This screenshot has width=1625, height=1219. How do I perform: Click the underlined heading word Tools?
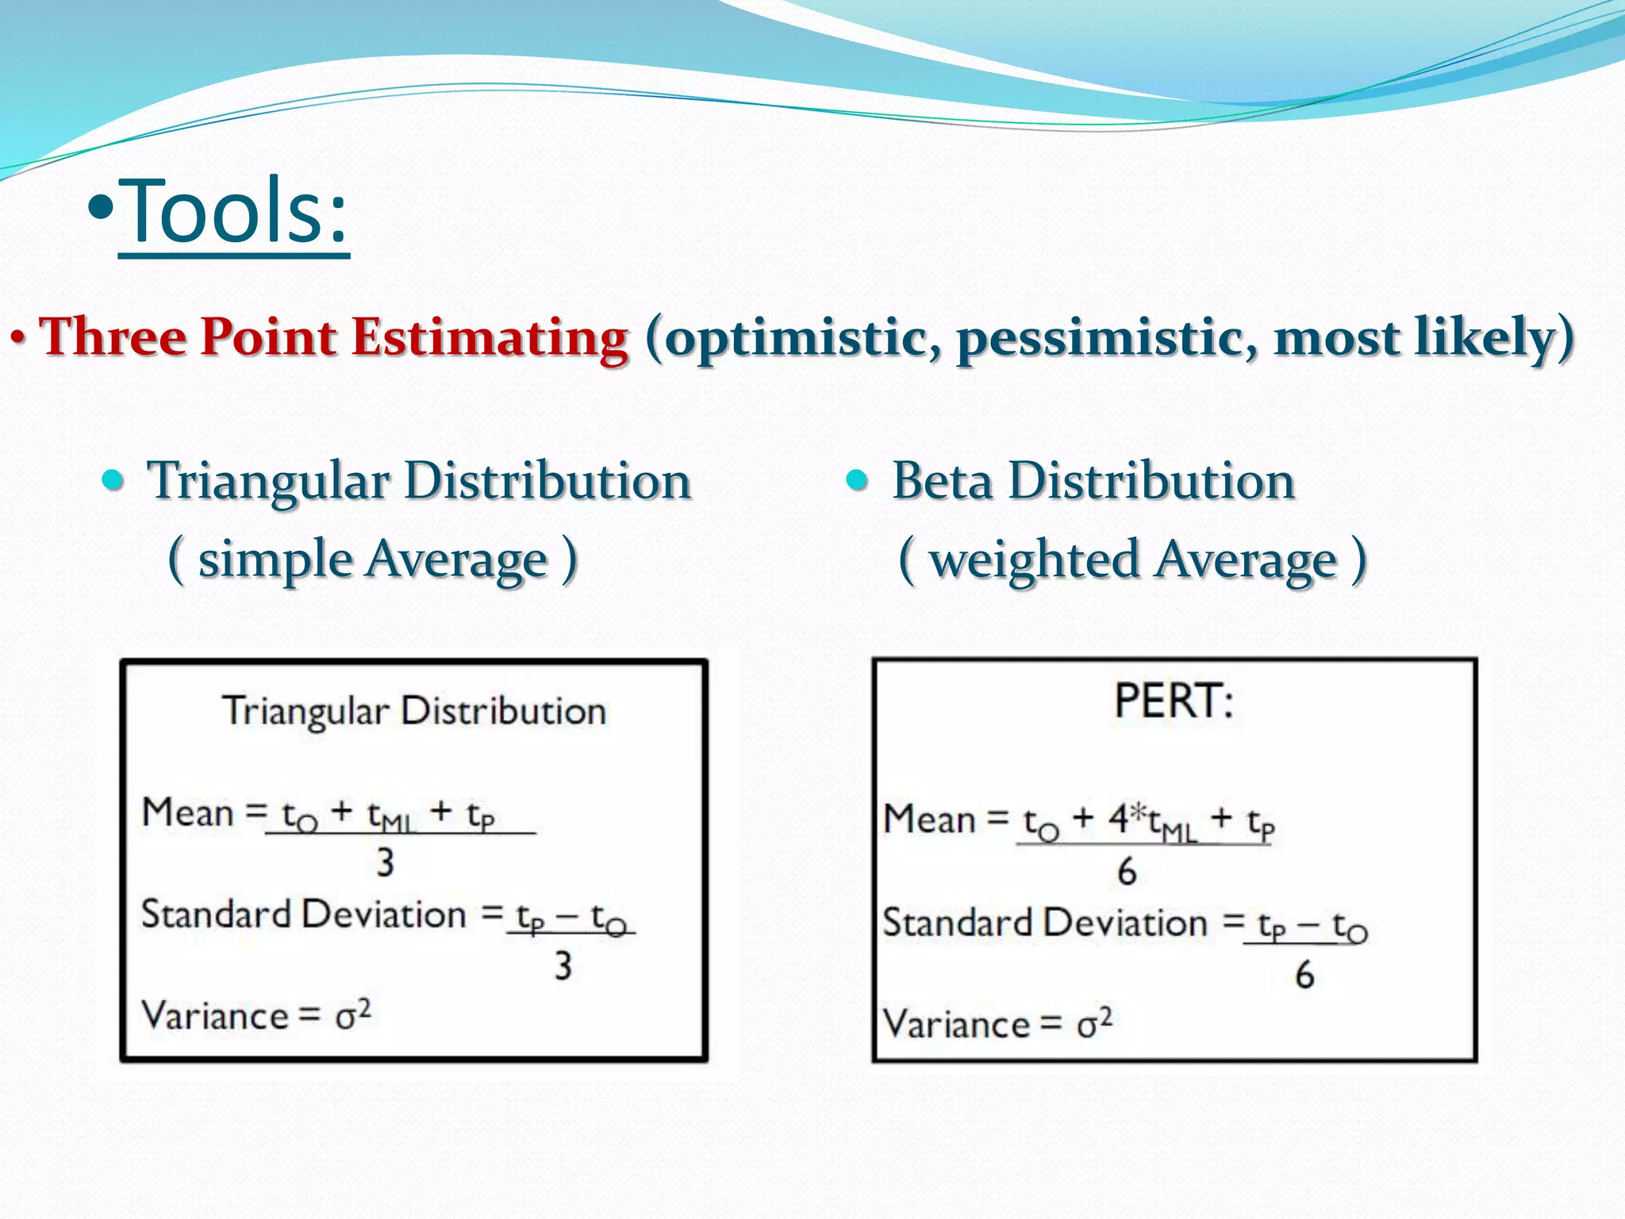point(233,213)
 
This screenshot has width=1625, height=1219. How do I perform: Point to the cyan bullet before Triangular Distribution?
point(114,479)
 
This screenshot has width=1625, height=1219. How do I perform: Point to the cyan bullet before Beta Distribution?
point(857,479)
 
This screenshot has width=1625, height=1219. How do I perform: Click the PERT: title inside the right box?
point(1174,702)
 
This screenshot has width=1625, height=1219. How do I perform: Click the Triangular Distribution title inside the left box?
point(414,711)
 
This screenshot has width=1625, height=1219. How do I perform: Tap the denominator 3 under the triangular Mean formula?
point(386,863)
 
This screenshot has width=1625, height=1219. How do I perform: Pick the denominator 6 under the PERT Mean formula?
point(1127,871)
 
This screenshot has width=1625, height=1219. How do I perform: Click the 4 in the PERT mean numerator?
point(1119,819)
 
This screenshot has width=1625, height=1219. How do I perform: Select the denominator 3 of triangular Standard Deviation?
point(563,966)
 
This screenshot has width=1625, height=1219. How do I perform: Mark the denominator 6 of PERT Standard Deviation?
point(1304,975)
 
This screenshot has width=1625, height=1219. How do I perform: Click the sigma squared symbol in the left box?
point(352,1015)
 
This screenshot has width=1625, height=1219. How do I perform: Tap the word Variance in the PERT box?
point(955,1024)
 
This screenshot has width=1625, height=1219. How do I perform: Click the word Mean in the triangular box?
point(188,813)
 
